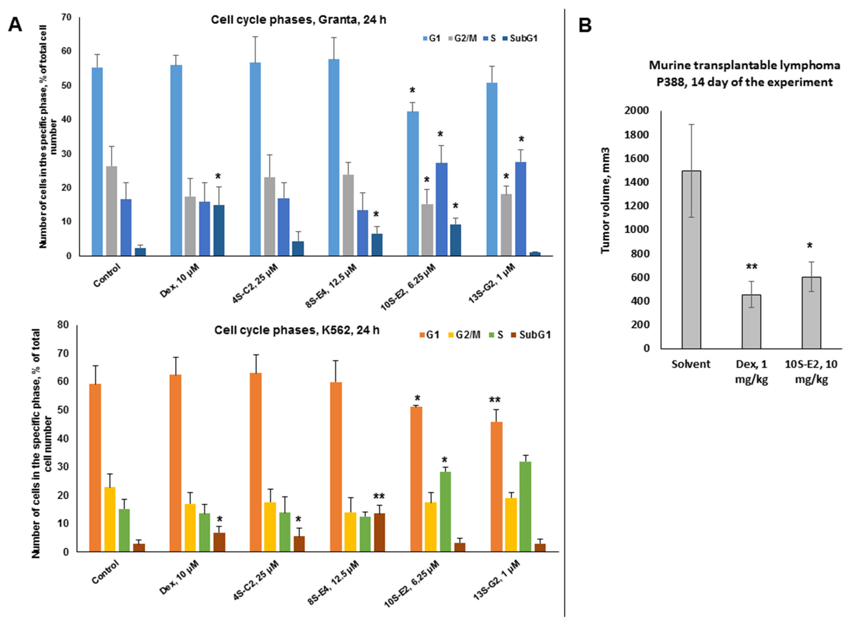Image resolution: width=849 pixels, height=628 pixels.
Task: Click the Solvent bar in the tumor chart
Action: pyautogui.click(x=691, y=259)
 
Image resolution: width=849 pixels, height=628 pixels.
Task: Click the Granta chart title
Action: pyautogui.click(x=298, y=20)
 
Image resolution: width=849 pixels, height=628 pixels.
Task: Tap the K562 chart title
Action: pyautogui.click(x=297, y=330)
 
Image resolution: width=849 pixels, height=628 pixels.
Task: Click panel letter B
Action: pyautogui.click(x=585, y=27)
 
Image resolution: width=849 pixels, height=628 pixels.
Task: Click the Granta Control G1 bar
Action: pyautogui.click(x=97, y=161)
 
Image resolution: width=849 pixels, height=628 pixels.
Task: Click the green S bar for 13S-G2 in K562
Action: pyautogui.click(x=525, y=506)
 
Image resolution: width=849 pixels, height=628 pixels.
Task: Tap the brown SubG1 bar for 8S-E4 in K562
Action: pyautogui.click(x=379, y=532)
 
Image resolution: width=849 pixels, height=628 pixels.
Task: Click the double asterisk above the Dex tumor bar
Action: pyautogui.click(x=751, y=267)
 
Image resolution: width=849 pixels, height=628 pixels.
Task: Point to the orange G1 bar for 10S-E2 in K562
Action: pyautogui.click(x=416, y=479)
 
